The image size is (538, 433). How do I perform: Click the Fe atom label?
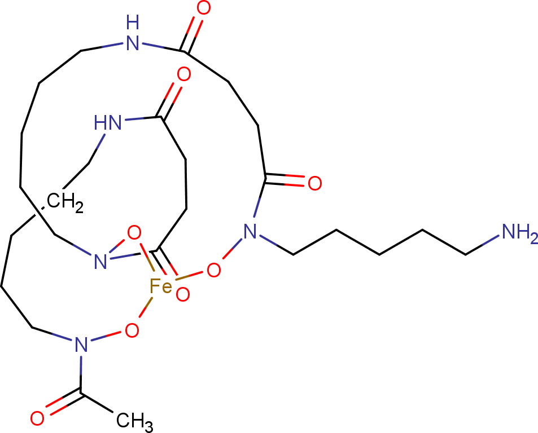[160, 286]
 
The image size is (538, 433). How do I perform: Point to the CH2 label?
[65, 202]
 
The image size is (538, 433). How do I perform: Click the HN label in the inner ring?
[108, 123]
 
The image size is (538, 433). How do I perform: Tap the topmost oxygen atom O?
[203, 8]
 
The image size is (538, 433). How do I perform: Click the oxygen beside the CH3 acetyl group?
[37, 418]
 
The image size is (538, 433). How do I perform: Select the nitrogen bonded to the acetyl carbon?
[81, 344]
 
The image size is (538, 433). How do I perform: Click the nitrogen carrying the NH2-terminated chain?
[250, 232]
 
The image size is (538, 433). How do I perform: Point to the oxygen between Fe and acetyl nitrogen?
[132, 330]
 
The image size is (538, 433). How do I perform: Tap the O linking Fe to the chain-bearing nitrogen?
[213, 270]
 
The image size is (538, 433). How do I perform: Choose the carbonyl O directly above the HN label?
[184, 74]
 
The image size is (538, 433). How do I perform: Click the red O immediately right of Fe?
[182, 295]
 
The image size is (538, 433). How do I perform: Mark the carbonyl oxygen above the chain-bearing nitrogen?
[314, 183]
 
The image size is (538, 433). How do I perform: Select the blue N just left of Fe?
[100, 262]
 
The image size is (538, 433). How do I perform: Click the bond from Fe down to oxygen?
[146, 307]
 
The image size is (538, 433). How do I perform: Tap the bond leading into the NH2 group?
[482, 245]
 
